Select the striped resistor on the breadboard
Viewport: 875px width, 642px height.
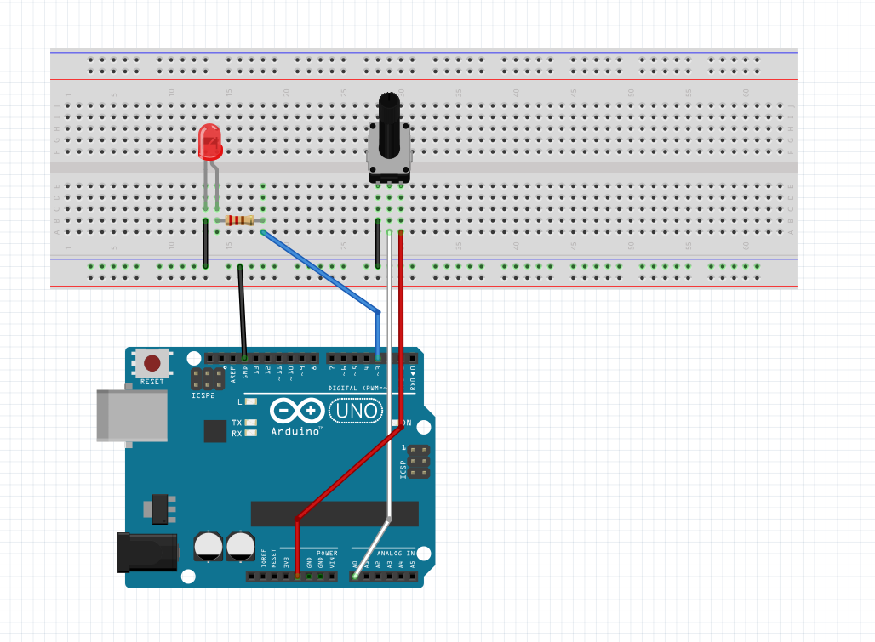click(x=240, y=221)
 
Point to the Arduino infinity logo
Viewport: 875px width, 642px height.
click(x=297, y=412)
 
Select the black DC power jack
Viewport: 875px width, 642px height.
click(x=146, y=552)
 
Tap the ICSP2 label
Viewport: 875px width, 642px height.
click(x=203, y=395)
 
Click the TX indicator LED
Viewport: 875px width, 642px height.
click(x=250, y=422)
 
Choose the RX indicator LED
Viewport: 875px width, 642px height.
click(x=250, y=433)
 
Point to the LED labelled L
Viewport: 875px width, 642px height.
click(x=250, y=401)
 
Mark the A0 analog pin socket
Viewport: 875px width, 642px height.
click(x=355, y=577)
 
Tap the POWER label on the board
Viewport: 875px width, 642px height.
click(x=327, y=553)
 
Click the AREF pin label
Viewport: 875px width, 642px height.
click(x=233, y=370)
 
